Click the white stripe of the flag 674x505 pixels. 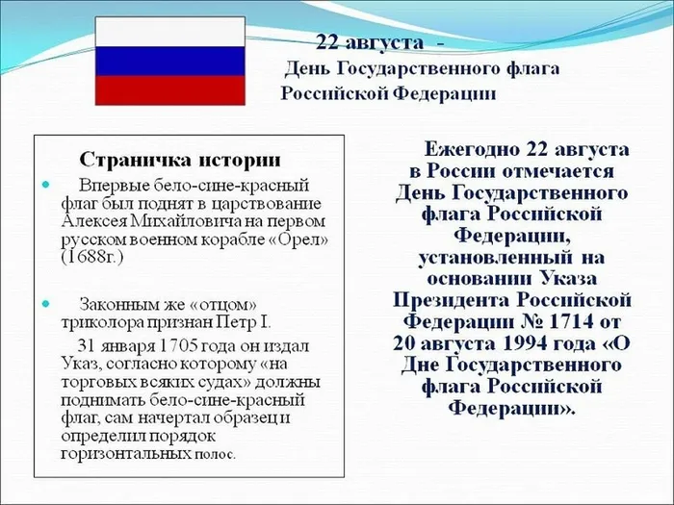tap(170, 32)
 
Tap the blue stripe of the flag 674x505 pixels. tap(170, 62)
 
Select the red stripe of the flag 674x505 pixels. tap(170, 90)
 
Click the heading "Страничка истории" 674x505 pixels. tap(180, 161)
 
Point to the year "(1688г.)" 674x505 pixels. tap(92, 258)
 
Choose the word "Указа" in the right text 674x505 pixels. tap(567, 279)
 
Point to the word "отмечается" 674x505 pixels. tap(557, 171)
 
